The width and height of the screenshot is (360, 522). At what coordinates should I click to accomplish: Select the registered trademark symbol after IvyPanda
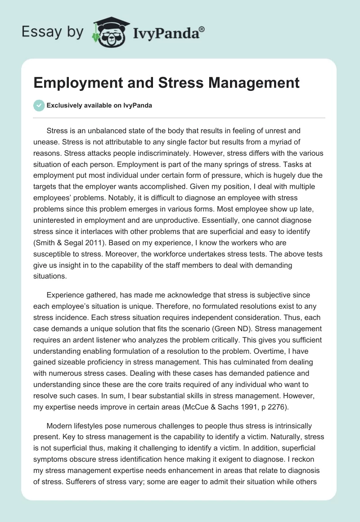coord(202,29)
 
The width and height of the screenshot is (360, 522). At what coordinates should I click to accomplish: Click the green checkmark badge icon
coord(39,105)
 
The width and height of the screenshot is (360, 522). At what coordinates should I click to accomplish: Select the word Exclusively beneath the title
coord(65,105)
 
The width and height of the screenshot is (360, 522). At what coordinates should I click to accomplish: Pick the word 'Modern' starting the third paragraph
coord(58,426)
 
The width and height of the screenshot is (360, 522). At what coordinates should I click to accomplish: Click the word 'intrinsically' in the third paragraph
coord(302,426)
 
